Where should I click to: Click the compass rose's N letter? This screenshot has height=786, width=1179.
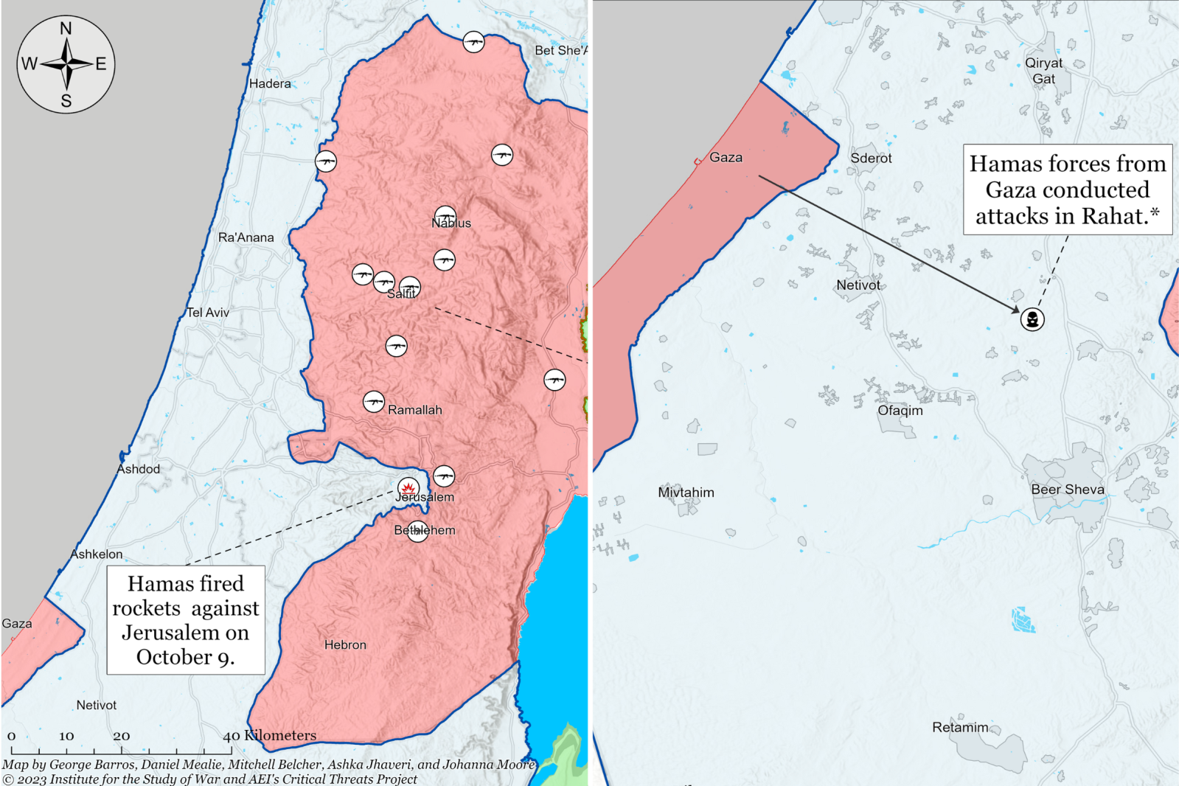click(x=66, y=29)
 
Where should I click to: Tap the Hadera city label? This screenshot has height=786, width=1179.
click(x=270, y=84)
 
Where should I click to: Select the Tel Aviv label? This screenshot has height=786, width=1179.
click(x=208, y=313)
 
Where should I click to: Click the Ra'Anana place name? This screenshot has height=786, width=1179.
click(x=246, y=237)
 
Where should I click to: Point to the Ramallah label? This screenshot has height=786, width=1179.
click(x=415, y=410)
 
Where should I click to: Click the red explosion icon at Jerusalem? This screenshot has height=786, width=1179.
click(x=408, y=487)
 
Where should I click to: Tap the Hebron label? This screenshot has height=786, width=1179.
click(x=345, y=645)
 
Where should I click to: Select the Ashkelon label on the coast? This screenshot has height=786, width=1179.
click(x=97, y=554)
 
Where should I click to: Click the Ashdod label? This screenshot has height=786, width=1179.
click(x=138, y=469)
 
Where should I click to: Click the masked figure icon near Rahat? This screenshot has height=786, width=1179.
click(x=1032, y=319)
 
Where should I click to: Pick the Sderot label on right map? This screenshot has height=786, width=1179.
click(x=871, y=159)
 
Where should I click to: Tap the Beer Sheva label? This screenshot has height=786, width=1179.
click(x=1067, y=490)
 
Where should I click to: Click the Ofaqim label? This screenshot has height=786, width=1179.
click(x=900, y=411)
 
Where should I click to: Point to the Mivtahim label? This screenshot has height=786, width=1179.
click(x=686, y=493)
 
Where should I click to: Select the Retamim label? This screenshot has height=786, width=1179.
click(x=960, y=728)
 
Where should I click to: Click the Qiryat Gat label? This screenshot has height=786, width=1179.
click(x=1043, y=71)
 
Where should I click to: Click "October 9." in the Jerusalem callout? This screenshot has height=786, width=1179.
click(x=185, y=657)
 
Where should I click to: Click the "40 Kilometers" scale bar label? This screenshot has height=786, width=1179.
click(x=270, y=735)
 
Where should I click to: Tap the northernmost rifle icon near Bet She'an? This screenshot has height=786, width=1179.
click(x=473, y=42)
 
